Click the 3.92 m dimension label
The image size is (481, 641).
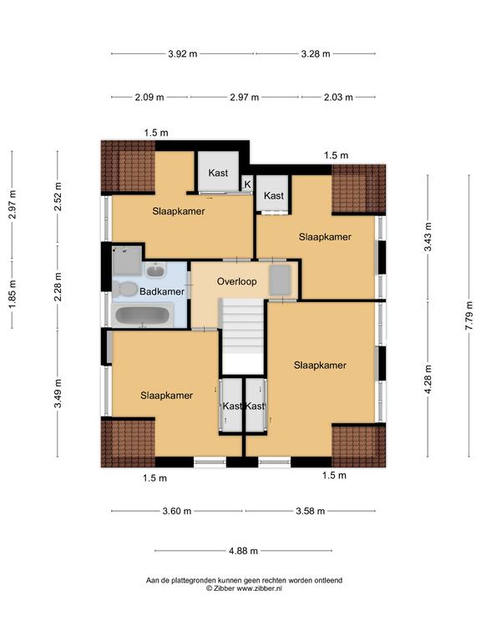tap(182, 53)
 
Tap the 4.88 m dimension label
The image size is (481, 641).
tap(243, 551)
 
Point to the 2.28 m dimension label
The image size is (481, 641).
tap(58, 286)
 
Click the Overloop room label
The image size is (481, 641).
tap(237, 281)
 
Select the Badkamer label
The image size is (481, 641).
tap(162, 291)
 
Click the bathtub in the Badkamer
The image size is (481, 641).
tap(142, 316)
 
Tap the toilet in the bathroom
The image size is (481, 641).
tap(125, 289)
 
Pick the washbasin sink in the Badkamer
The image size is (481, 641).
tap(155, 270)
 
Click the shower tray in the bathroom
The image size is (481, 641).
tap(127, 260)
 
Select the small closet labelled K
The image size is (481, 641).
tap(247, 184)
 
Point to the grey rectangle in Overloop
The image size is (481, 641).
tap(281, 280)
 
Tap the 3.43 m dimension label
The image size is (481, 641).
tap(428, 237)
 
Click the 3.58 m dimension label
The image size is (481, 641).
tap(311, 511)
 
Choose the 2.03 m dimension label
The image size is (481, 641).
tap(338, 98)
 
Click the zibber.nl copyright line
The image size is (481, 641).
tap(244, 588)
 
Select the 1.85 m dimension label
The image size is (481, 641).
tap(13, 295)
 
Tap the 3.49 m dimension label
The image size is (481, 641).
tap(58, 393)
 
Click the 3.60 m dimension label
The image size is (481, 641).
tap(177, 511)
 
